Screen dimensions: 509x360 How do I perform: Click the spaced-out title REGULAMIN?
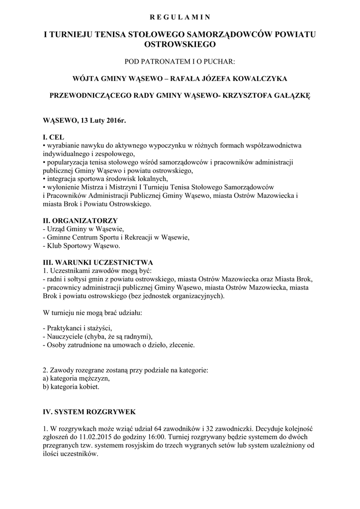click(180, 17)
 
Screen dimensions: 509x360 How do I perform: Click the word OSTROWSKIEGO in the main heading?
click(180, 44)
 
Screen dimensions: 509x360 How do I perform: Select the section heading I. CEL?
click(54, 137)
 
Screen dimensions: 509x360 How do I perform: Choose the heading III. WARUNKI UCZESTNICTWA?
click(98, 262)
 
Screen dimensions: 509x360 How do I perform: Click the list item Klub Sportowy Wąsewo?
click(82, 246)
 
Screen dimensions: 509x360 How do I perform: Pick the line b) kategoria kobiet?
click(72, 387)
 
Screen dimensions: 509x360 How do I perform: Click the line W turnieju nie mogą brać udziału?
click(92, 313)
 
